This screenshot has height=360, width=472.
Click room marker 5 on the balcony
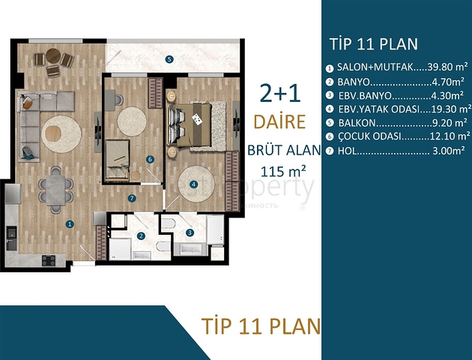(x=169, y=59)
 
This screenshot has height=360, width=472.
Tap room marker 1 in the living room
(x=68, y=223)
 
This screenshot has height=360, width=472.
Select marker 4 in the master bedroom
(x=193, y=184)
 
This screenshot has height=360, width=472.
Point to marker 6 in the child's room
(x=150, y=159)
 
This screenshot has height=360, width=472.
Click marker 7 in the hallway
(x=131, y=198)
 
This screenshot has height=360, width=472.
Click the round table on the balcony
(x=52, y=55)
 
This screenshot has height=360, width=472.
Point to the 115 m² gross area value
(x=283, y=170)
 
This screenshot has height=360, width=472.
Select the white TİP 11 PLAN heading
(x=373, y=43)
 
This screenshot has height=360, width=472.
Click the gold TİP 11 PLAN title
(x=261, y=326)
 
